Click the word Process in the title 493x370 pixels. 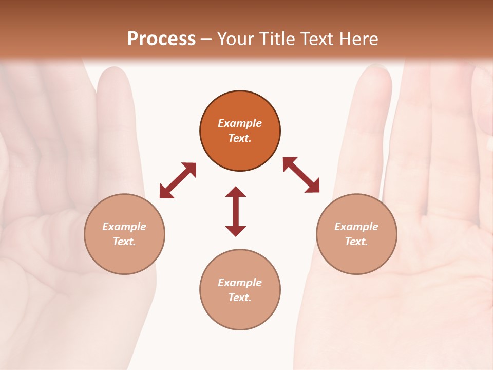tap(161, 39)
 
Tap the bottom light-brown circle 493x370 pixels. tap(240, 313)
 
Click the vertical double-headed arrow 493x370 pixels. tap(236, 211)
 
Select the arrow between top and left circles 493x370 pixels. tap(178, 180)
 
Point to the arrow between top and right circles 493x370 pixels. tap(301, 175)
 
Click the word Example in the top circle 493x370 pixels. tap(240, 123)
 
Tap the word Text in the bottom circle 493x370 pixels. tap(240, 298)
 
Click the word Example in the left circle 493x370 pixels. tap(124, 227)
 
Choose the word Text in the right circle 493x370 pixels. tap(356, 242)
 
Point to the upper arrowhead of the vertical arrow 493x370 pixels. tap(236, 192)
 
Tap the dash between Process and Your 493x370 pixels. tap(206, 39)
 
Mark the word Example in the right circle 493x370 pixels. tap(356, 227)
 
